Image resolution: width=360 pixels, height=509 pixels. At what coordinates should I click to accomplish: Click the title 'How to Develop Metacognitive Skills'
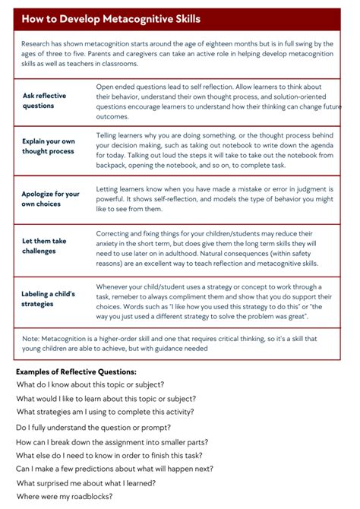coord(111,19)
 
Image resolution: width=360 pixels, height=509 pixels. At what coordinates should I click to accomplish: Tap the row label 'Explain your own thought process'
coord(49,146)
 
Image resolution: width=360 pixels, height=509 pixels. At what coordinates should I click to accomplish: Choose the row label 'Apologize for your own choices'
coord(51,199)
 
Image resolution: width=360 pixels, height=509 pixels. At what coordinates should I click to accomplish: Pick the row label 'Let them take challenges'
coord(44,246)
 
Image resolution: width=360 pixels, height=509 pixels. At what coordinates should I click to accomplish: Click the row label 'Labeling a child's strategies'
coord(49,299)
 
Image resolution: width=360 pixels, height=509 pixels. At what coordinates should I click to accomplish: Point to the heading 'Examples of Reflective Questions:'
coord(76,371)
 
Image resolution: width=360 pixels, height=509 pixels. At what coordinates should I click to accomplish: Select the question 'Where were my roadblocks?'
coord(65,496)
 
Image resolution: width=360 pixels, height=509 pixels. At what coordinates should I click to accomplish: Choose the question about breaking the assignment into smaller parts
coord(112,442)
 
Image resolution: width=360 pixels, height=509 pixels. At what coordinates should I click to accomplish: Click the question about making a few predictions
coord(115,469)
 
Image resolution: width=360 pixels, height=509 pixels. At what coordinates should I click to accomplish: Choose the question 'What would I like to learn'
coord(106,398)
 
